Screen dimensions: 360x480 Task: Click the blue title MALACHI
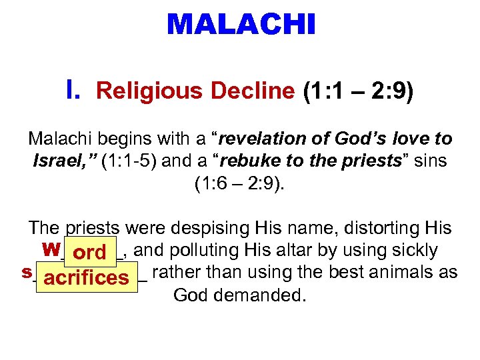coord(241,25)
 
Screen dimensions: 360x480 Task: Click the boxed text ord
coord(89,253)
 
